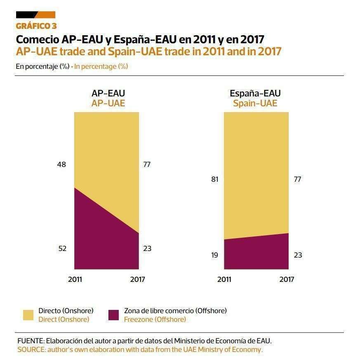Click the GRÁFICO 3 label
point(36,26)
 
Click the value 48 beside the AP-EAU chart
point(61,164)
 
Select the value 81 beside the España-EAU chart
point(214,179)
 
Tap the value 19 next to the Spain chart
point(214,255)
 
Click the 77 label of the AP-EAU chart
point(147,164)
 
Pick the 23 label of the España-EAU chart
point(298,255)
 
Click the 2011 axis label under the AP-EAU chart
point(75,279)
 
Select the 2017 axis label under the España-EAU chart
point(287,279)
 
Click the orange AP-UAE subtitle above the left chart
point(108,103)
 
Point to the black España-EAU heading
point(255,94)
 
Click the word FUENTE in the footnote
point(31,341)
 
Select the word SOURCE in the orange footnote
point(31,349)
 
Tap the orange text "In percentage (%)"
point(101,66)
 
